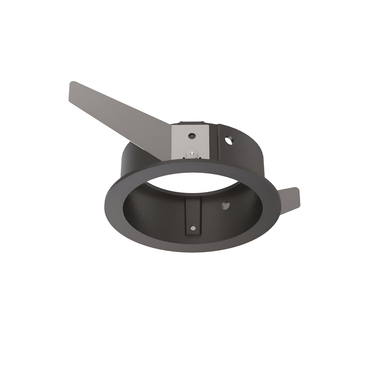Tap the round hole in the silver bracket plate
click(191, 136)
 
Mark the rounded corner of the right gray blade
click(297, 191)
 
